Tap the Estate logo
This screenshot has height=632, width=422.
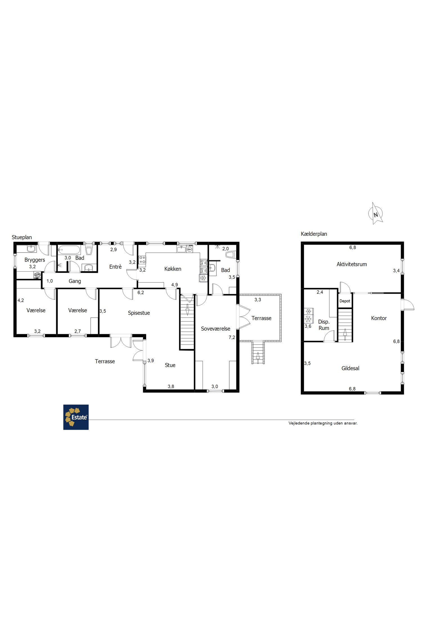tap(76, 417)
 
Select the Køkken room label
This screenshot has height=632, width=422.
tap(173, 269)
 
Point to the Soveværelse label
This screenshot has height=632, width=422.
tap(216, 329)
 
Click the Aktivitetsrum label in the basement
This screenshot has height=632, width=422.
tap(352, 264)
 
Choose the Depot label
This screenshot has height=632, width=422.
tap(345, 301)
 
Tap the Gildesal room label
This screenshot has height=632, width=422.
tap(350, 368)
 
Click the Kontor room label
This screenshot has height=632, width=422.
tap(379, 318)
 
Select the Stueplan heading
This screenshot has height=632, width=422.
tap(22, 237)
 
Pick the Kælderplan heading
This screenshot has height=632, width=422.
tap(314, 234)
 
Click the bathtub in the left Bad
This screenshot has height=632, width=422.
tap(69, 250)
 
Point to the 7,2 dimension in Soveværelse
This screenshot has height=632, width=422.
tap(232, 338)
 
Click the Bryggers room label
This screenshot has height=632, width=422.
tap(35, 260)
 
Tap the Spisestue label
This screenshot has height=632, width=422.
tap(139, 313)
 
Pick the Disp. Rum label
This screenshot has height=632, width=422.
tap(324, 325)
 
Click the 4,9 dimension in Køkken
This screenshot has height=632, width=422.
tap(174, 285)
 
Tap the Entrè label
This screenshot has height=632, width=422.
tap(115, 267)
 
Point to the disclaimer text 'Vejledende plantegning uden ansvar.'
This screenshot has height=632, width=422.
tap(323, 423)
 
